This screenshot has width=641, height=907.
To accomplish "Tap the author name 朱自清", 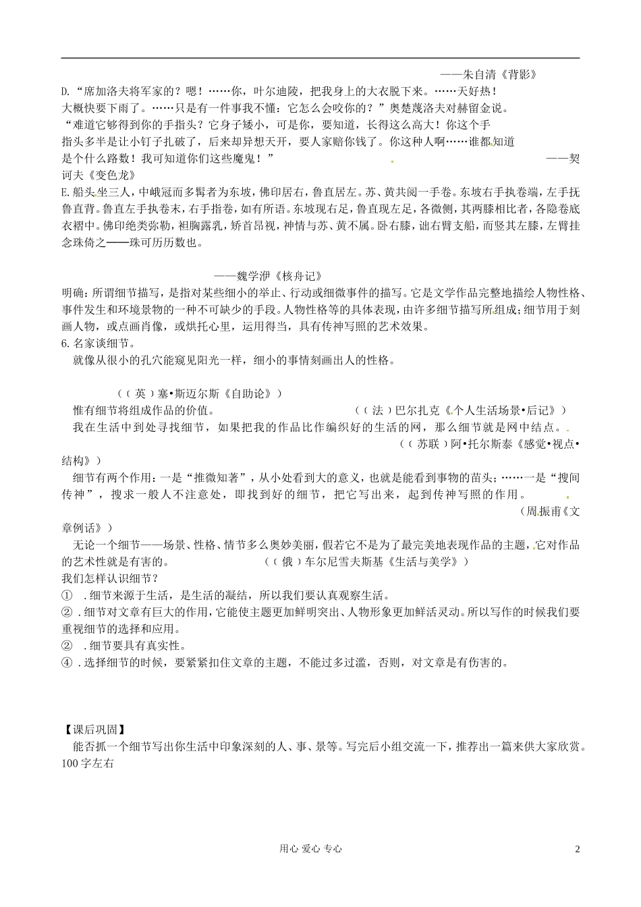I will [x=476, y=75].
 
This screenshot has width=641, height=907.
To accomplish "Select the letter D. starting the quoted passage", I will [x=66, y=91].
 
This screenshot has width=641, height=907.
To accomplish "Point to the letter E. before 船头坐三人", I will [x=66, y=192].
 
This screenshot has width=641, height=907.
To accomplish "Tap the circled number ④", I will [x=67, y=662].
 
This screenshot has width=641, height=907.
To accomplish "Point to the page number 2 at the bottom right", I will [x=577, y=850].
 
